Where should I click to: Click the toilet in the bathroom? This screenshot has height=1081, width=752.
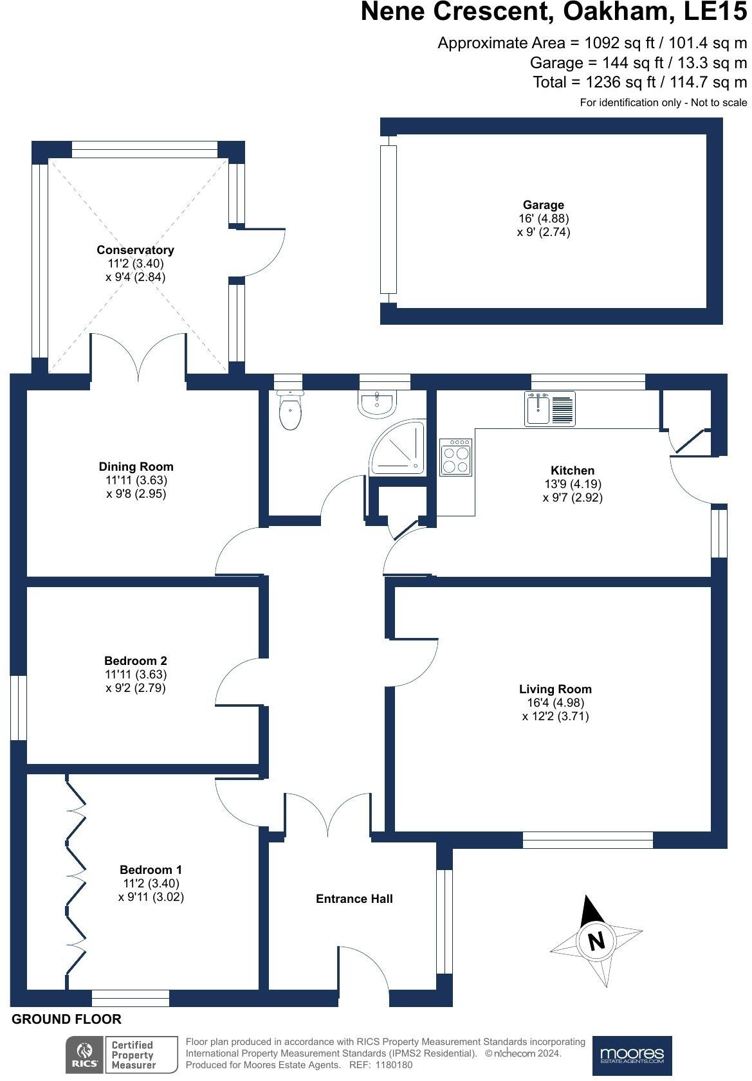click(289, 412)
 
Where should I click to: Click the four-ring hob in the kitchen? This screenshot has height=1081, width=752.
click(455, 457)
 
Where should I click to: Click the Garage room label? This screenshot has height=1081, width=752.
click(543, 205)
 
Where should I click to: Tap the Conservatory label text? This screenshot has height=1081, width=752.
click(135, 250)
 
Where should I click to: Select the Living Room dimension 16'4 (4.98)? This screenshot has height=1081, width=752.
click(555, 702)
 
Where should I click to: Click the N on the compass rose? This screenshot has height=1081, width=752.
click(596, 941)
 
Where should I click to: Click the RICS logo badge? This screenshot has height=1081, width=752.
click(84, 1055)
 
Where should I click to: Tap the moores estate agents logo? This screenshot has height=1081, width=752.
click(631, 1055)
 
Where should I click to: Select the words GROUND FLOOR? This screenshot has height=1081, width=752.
click(66, 1019)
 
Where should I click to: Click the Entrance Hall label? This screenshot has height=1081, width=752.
click(354, 898)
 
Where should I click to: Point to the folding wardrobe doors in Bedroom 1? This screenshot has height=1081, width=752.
click(75, 881)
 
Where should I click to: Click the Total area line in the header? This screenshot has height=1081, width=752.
click(639, 82)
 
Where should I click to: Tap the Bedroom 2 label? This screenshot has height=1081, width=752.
click(135, 660)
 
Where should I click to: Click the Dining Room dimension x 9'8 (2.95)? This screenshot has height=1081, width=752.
click(136, 494)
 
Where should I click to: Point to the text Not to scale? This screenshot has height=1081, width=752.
click(719, 102)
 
